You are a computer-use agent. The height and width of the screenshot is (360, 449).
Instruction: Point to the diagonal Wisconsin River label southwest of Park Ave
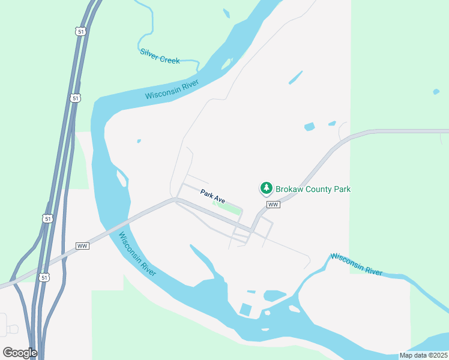click(x=137, y=254)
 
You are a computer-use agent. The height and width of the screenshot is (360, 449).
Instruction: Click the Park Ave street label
click(x=212, y=196)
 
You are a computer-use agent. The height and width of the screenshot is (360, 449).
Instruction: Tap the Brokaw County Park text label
click(x=313, y=189)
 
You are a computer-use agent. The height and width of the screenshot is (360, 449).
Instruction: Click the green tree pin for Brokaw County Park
click(x=266, y=188)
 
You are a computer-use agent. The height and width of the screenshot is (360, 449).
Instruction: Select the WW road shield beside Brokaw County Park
click(x=274, y=205)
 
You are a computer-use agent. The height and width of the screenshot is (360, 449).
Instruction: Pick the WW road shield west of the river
click(x=83, y=246)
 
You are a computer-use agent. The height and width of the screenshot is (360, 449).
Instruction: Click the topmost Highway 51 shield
click(x=80, y=31)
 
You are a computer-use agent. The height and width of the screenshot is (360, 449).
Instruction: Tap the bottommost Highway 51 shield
click(x=43, y=277)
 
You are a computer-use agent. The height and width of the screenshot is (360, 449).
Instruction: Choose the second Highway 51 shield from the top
click(x=74, y=98)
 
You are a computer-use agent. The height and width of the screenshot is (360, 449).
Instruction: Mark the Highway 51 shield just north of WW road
click(x=48, y=219)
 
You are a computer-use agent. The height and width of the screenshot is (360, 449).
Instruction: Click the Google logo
click(x=20, y=353)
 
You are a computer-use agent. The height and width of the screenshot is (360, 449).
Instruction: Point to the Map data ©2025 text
click(x=423, y=355)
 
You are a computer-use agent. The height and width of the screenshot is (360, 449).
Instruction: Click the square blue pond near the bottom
click(x=246, y=310)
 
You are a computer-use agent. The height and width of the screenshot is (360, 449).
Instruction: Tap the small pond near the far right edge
click(x=436, y=92)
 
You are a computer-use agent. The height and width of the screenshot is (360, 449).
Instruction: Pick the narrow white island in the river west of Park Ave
click(x=122, y=178)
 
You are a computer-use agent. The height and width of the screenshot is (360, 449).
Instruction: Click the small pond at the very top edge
click(x=226, y=13)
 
